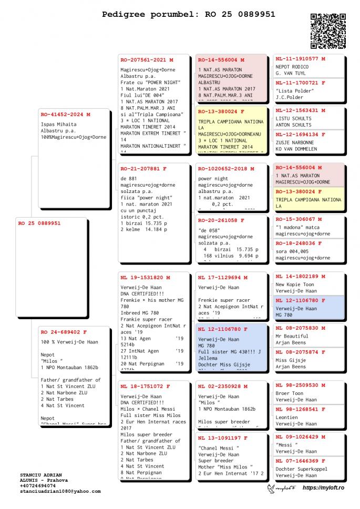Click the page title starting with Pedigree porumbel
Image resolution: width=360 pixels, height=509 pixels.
pyautogui.click(x=188, y=14)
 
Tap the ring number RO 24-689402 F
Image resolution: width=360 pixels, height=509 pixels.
pyautogui.click(x=64, y=332)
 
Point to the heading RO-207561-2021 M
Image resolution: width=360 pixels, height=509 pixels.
pyautogui.click(x=147, y=60)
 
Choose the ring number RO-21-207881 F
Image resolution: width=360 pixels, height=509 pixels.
pyautogui.click(x=143, y=169)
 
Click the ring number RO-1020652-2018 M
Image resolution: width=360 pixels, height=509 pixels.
pyautogui.click(x=226, y=169)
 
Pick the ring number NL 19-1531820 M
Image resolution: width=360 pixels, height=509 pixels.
pyautogui.click(x=146, y=277)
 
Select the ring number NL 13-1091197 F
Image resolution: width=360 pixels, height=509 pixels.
pyautogui.click(x=223, y=437)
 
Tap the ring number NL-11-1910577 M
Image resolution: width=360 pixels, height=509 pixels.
pyautogui.click(x=301, y=59)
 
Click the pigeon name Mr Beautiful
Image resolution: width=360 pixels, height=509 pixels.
pyautogui.click(x=292, y=335)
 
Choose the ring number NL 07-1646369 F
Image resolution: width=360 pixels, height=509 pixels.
pyautogui.click(x=301, y=461)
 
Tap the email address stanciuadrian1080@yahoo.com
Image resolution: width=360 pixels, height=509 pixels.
pyautogui.click(x=60, y=491)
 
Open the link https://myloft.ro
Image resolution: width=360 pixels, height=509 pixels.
pyautogui.click(x=323, y=488)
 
